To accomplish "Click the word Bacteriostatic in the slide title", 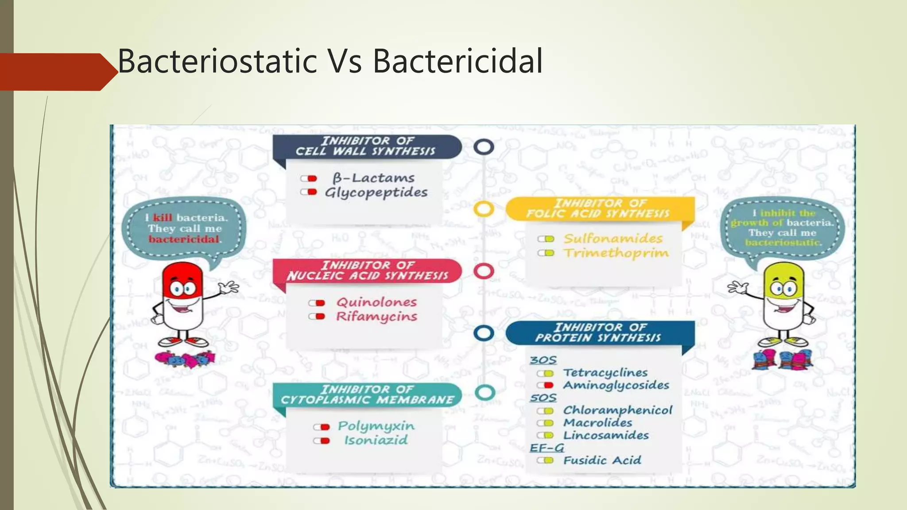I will (x=217, y=61).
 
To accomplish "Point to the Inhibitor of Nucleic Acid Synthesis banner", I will (x=367, y=270).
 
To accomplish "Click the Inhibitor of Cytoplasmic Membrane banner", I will (x=367, y=394).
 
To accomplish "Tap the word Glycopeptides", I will (x=376, y=193).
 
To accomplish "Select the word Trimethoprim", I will (x=616, y=253).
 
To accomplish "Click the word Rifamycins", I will (x=376, y=317).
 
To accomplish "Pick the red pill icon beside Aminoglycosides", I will (x=546, y=386).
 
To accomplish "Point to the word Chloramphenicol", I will (x=617, y=410).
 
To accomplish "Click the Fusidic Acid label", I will (x=602, y=460).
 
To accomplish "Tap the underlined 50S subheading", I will (x=543, y=398).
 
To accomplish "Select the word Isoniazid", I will (x=376, y=440).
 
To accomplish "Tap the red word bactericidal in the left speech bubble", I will (x=184, y=240).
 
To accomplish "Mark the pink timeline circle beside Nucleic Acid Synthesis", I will (x=484, y=271).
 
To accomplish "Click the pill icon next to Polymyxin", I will (x=322, y=427).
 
